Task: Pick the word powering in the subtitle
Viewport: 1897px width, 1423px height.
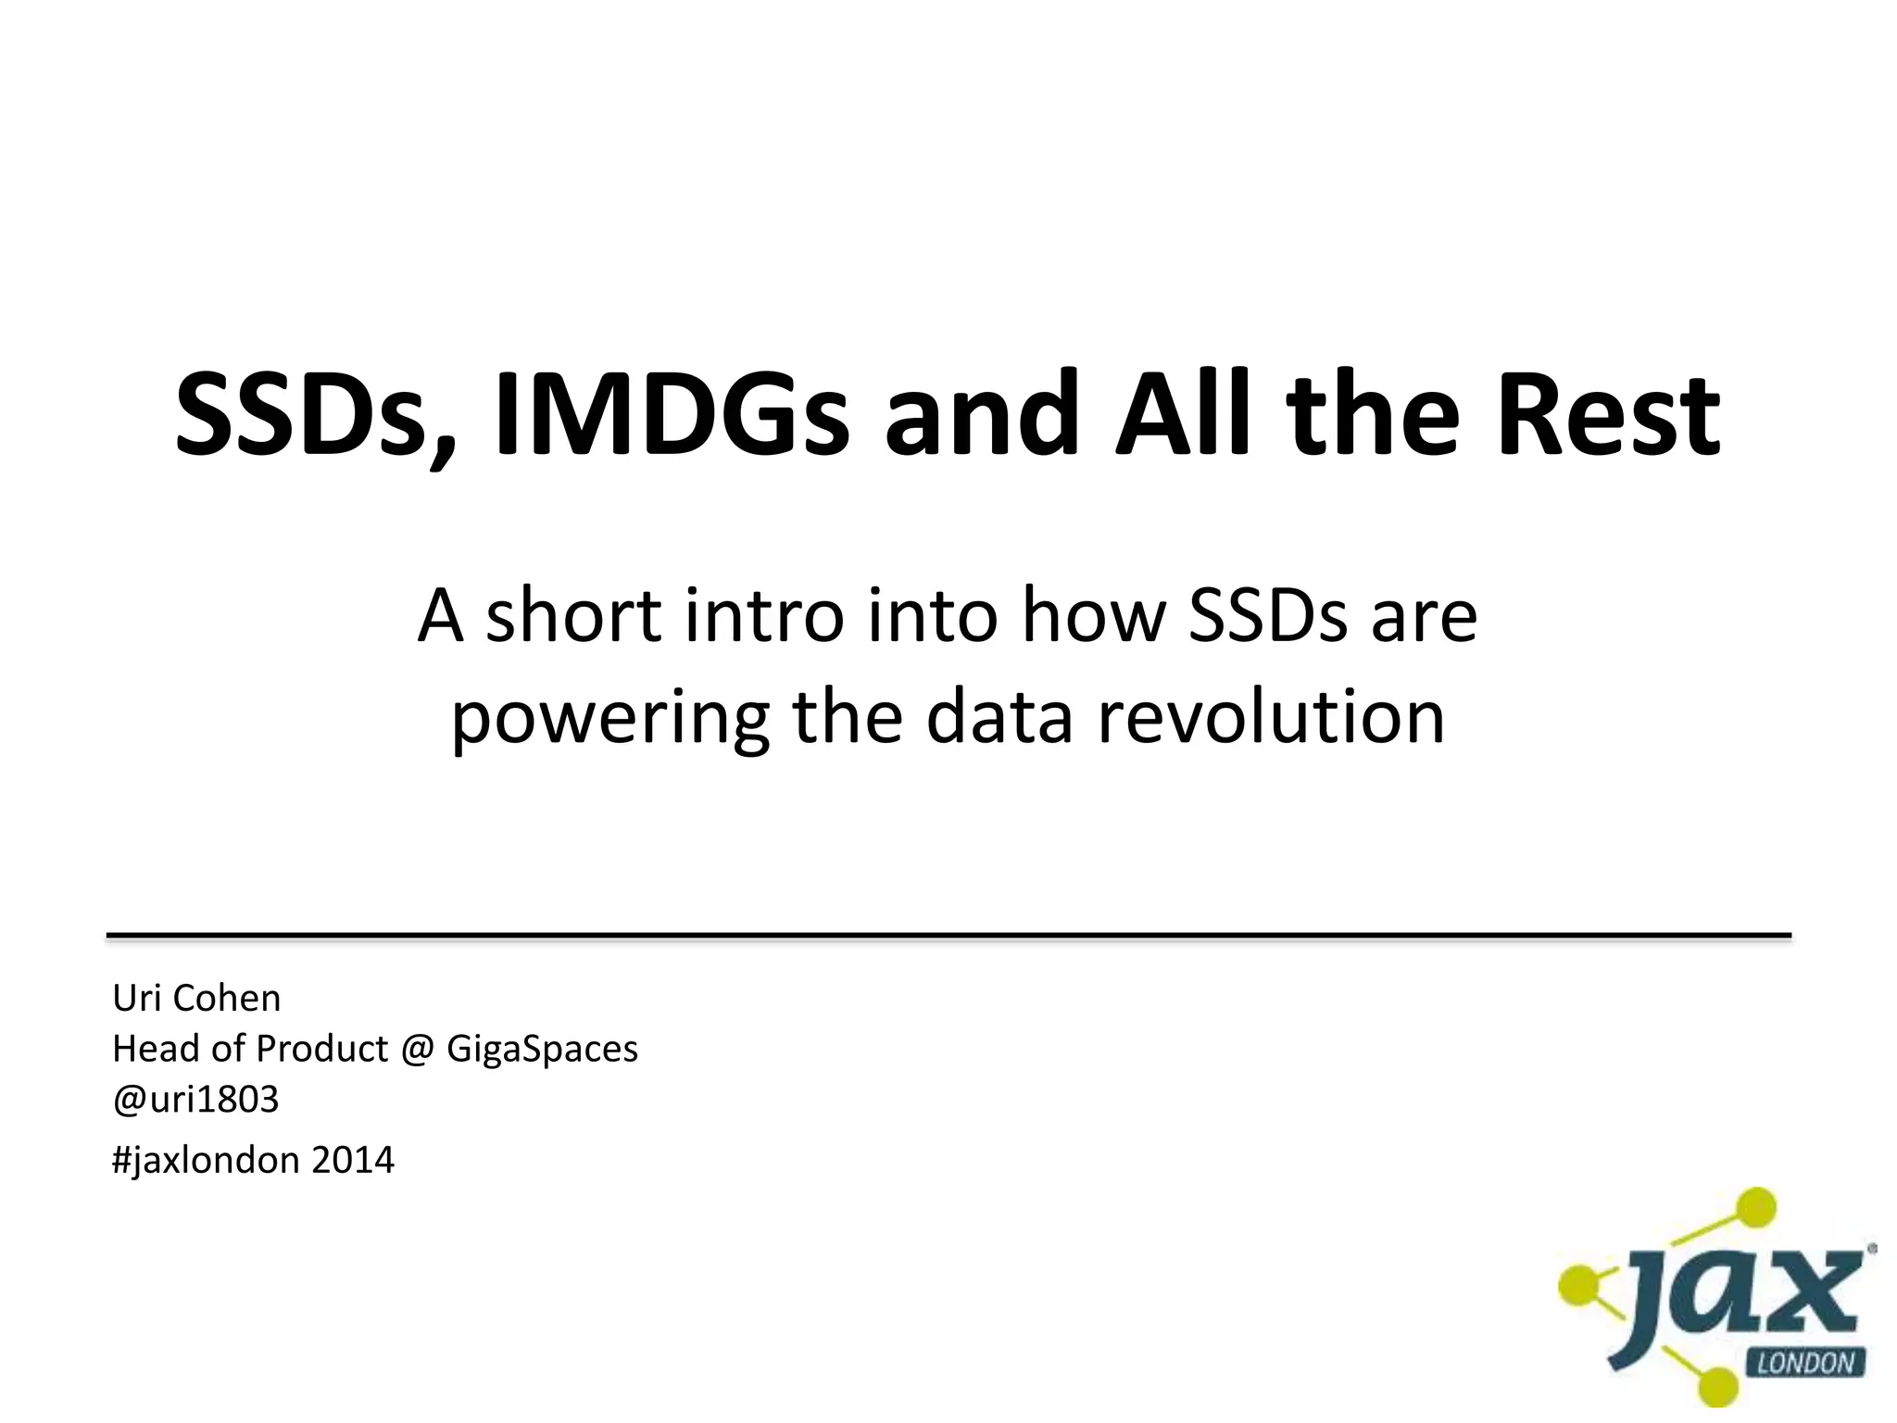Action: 609,718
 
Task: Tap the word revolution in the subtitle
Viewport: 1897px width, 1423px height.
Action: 1271,718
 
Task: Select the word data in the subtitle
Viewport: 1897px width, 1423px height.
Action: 999,718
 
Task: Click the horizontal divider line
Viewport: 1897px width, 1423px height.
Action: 948,937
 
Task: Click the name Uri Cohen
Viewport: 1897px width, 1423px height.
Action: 196,999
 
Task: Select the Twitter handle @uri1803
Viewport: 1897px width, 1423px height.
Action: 195,1100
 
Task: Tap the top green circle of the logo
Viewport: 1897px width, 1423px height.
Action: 1753,1207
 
